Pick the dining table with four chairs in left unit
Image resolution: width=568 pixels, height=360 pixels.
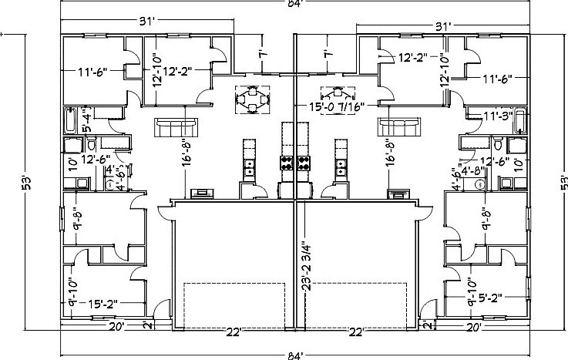tap(252, 99)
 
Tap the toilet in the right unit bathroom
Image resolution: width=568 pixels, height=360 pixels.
tap(498, 146)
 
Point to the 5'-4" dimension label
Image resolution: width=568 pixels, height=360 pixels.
tap(86, 122)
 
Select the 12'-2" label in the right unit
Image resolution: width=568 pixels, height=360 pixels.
tap(414, 57)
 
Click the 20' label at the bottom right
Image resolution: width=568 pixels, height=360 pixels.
tap(474, 327)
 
